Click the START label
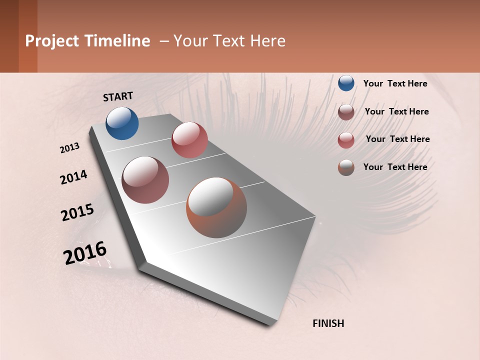pos(118,96)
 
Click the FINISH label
pos(328,323)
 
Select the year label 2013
pos(70,147)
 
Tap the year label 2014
pos(73,177)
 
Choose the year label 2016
pos(85,253)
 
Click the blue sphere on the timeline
pos(122,123)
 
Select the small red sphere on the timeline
pos(189,140)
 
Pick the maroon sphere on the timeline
pos(145,180)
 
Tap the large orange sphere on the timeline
pos(216,207)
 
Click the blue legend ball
pos(346,83)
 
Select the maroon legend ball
pos(346,112)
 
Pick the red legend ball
pos(346,140)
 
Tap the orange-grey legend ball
pos(346,167)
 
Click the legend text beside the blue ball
pos(395,83)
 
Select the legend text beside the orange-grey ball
pos(395,167)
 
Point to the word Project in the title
pos(51,41)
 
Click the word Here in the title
pos(267,41)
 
